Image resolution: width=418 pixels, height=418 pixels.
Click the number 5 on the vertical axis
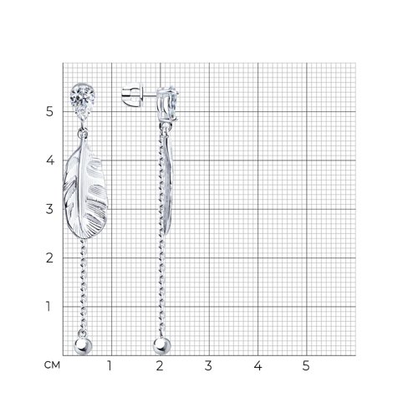tap(49, 111)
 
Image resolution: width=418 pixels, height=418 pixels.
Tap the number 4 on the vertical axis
tap(50, 161)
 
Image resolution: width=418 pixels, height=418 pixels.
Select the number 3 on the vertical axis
tap(49, 209)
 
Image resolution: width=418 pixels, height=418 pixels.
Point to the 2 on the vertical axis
tap(49, 257)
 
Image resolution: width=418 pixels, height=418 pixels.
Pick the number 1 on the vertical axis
tap(48, 306)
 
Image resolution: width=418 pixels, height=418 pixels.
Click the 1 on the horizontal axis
tap(110, 365)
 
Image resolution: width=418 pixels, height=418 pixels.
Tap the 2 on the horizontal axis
tap(160, 365)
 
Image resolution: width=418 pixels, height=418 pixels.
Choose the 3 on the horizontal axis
tap(208, 365)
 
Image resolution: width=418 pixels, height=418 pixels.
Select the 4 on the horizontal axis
tap(257, 365)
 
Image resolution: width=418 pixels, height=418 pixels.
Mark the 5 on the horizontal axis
tap(306, 365)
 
